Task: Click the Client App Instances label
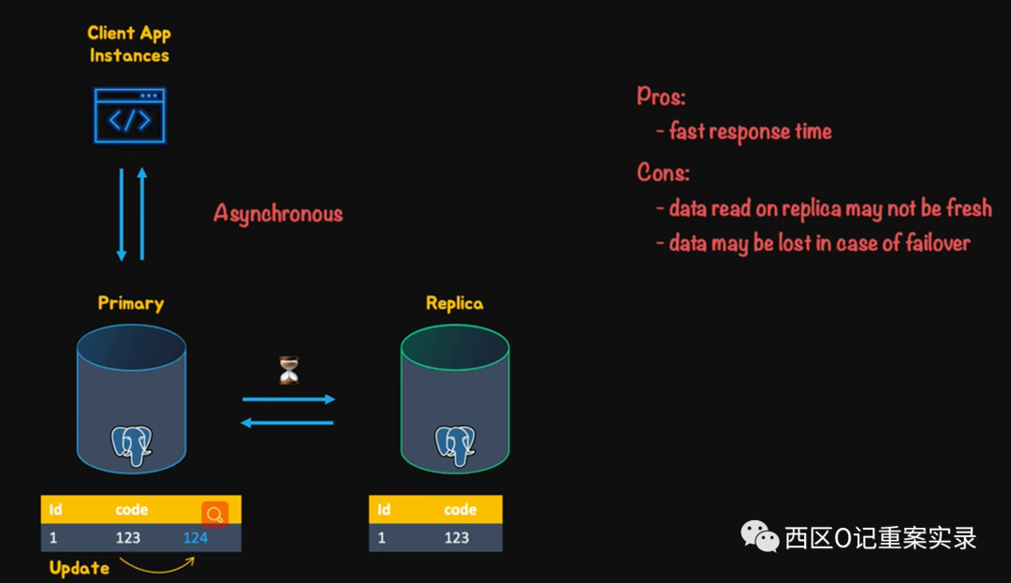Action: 129,44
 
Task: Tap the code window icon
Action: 129,116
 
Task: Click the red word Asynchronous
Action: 278,213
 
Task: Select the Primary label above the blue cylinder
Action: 131,303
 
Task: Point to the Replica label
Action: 454,303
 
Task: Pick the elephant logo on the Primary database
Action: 131,445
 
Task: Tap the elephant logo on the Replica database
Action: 455,445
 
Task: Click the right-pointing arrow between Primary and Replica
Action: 288,400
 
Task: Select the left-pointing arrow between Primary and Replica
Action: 287,423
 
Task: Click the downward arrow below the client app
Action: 121,214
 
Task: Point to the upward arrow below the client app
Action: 142,214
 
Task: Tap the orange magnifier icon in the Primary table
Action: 214,514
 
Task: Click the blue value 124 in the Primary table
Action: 196,538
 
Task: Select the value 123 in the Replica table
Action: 457,538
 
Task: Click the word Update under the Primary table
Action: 79,568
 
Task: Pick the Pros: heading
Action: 661,95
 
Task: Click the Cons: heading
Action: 664,172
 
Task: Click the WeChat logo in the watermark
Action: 759,536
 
